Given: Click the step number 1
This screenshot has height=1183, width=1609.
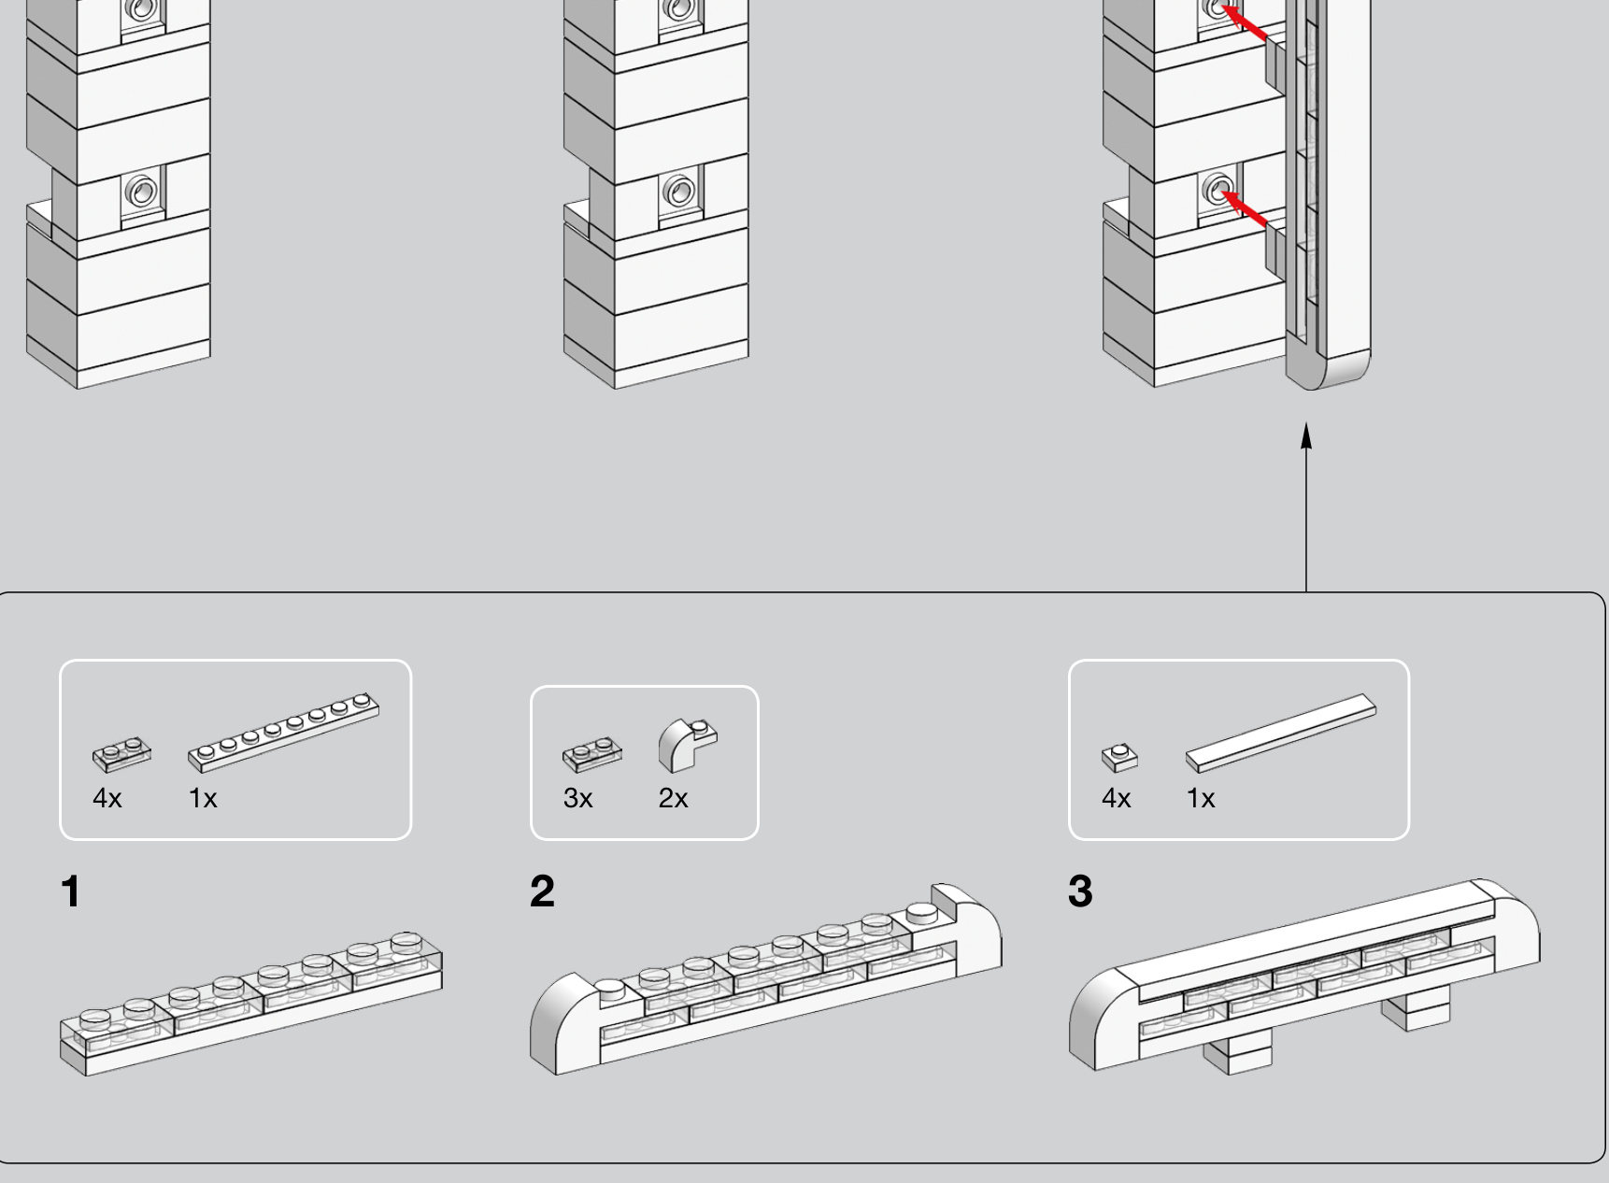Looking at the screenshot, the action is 70,891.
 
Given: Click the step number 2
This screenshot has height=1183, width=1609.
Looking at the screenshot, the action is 542,891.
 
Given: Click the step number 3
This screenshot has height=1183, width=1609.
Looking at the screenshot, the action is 1080,891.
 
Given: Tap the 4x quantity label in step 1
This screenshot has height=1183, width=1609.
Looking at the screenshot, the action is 107,798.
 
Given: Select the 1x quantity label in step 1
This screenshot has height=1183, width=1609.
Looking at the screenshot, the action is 203,798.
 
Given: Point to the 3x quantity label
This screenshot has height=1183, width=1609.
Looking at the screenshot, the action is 578,798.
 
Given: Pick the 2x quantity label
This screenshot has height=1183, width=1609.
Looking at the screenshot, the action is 674,798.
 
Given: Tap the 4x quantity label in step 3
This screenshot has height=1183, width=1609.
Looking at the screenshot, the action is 1117,798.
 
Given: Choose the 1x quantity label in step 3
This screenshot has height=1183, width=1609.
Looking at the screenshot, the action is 1201,798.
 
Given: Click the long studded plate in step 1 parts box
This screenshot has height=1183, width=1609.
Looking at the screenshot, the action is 284,734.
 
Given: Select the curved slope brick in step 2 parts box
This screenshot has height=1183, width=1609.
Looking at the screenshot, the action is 688,746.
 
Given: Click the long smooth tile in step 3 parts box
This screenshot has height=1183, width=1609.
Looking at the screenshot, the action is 1281,734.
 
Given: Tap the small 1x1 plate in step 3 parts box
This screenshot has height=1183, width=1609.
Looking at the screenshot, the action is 1119,758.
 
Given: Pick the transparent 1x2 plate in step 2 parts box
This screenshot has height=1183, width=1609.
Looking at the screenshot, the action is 592,755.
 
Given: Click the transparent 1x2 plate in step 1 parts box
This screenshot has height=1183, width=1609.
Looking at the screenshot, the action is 121,755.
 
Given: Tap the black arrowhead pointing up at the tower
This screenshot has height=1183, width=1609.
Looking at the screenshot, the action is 1306,435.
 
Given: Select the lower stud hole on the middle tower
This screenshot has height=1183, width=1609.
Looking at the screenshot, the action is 678,192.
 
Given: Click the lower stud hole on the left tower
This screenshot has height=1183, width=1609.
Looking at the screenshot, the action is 141,192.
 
